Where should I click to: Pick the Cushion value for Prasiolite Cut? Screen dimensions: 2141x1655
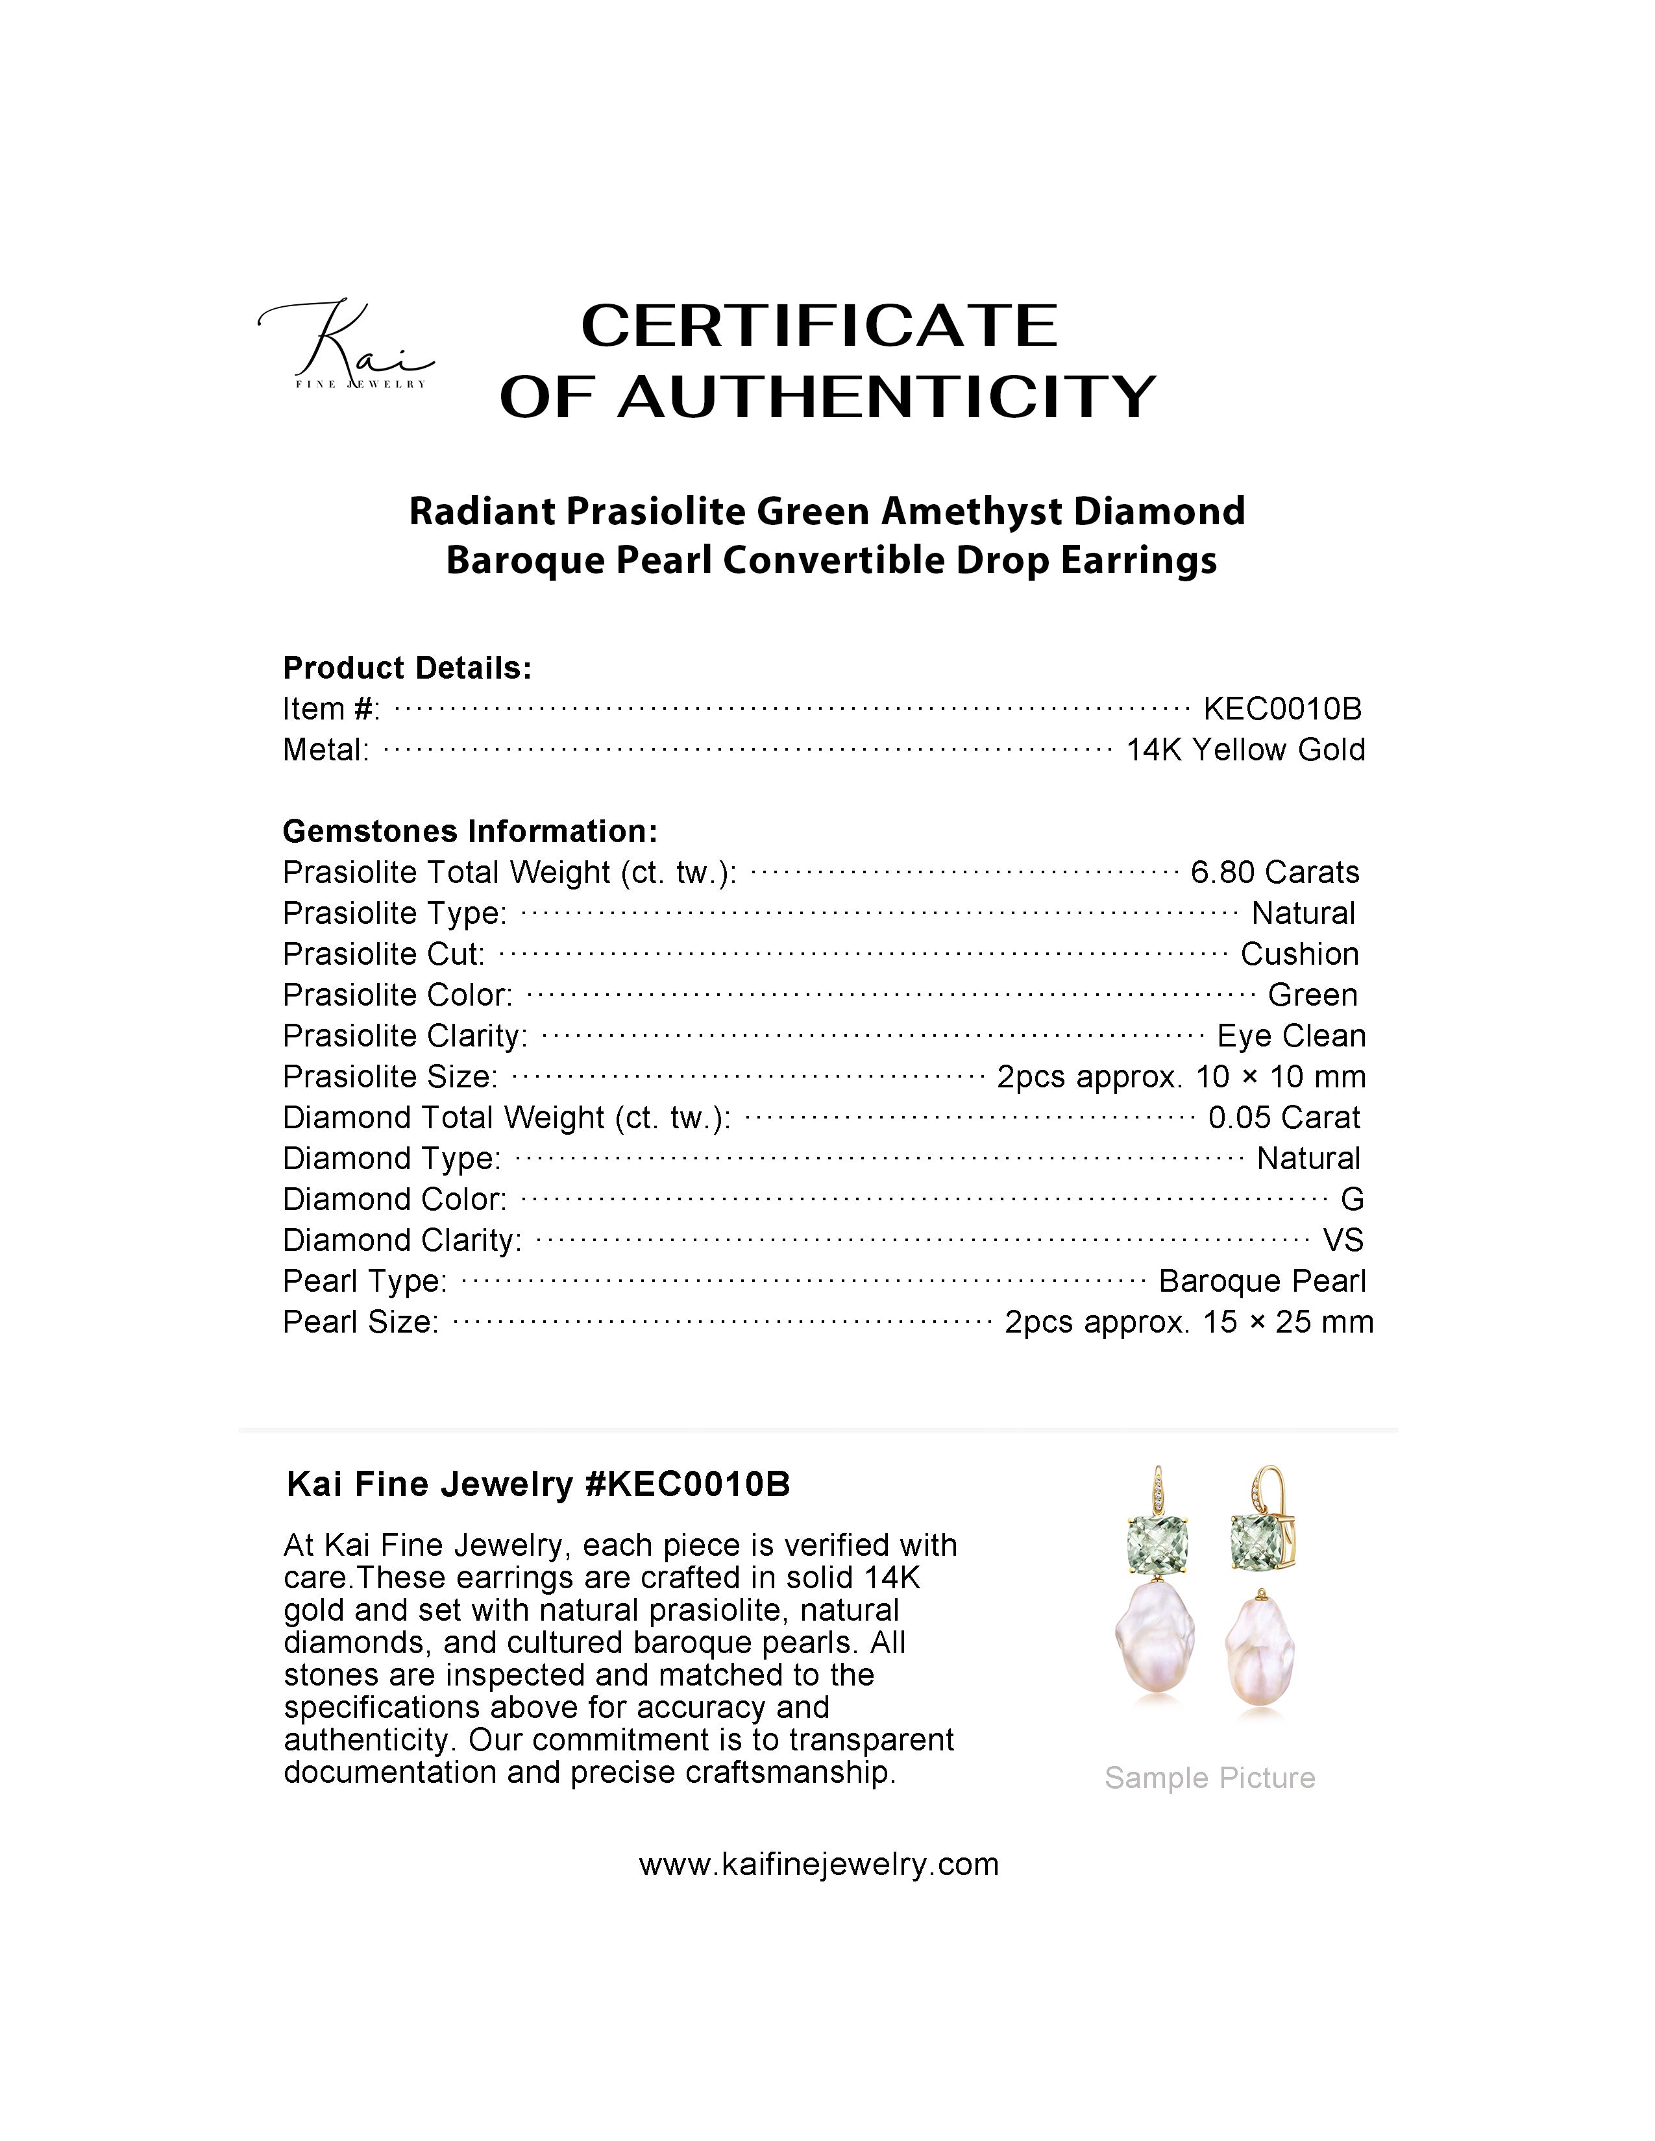pos(1299,954)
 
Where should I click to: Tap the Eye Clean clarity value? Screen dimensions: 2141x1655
pos(1290,1035)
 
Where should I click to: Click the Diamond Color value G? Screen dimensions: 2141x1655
pos(1352,1199)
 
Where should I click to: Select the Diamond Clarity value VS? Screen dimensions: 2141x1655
pos(1342,1240)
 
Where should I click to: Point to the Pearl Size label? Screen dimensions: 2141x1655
pos(360,1322)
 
